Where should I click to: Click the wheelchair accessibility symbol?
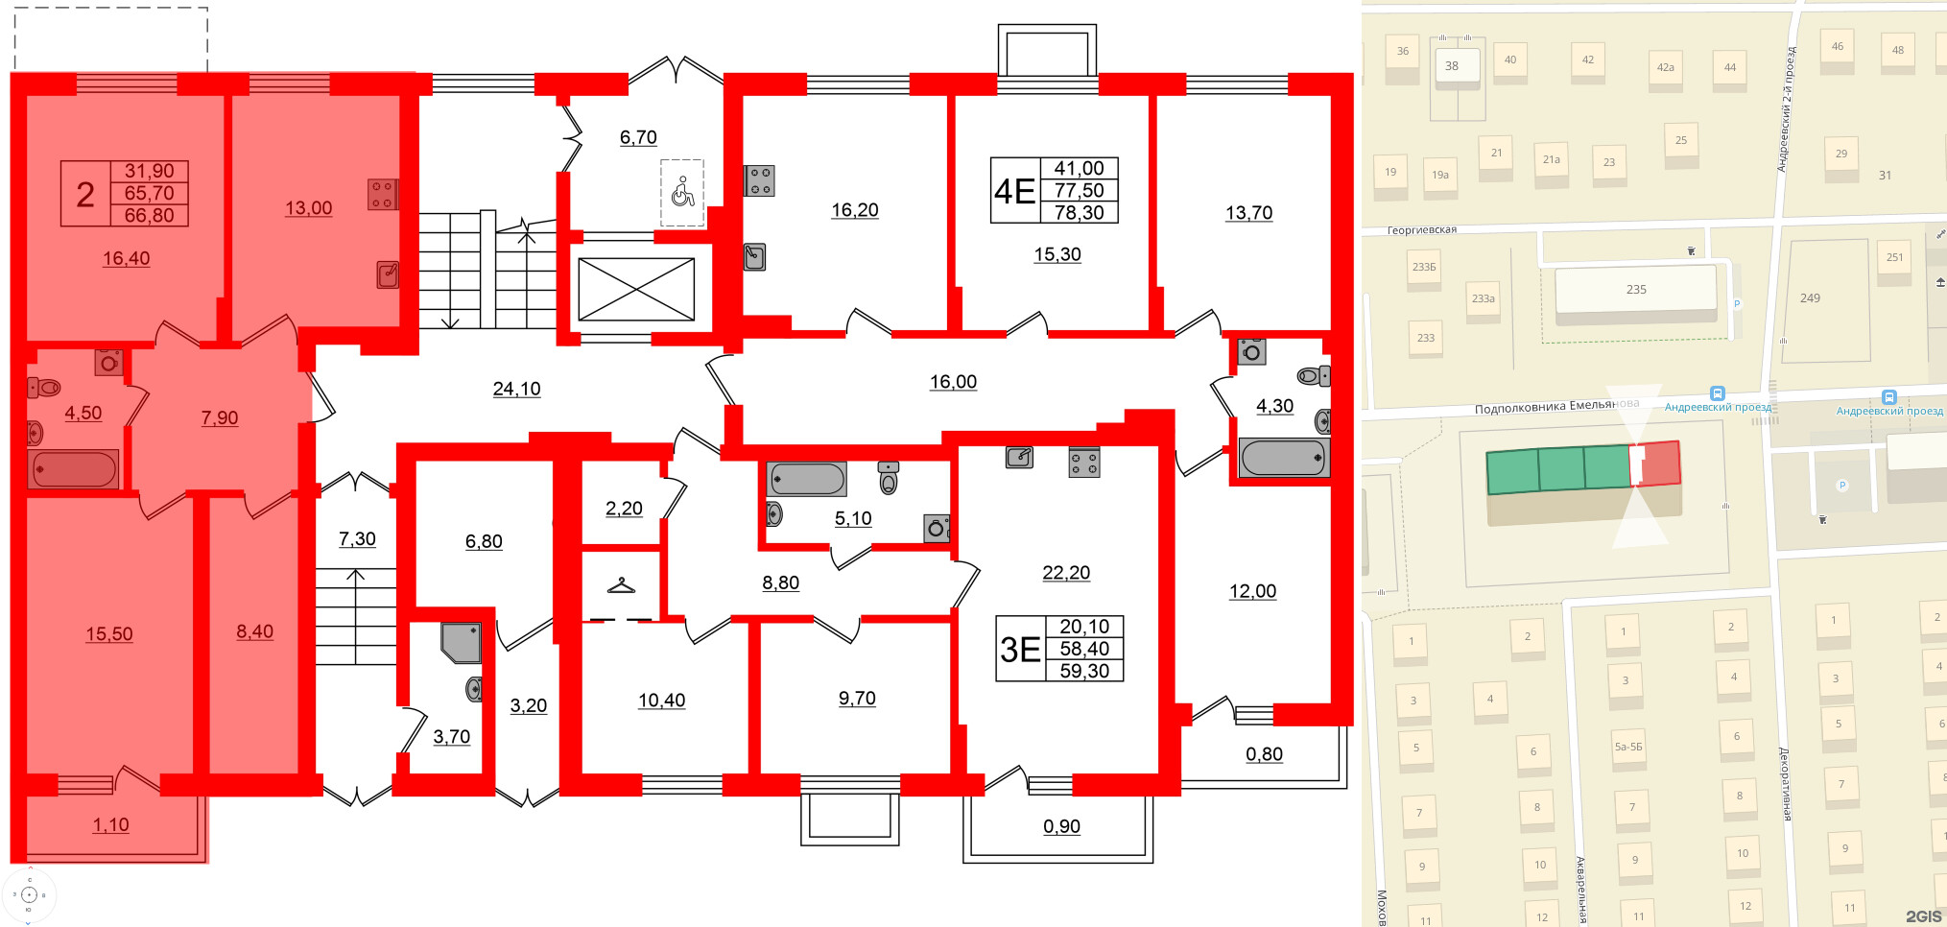coord(682,192)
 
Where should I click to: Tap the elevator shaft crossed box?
coord(636,289)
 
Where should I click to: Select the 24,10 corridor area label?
coord(516,389)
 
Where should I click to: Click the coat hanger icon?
coord(622,584)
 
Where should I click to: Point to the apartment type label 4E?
coord(1014,191)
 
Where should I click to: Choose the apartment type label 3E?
coord(1020,650)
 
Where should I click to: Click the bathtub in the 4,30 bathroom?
coord(1283,458)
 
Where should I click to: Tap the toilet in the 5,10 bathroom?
coord(889,476)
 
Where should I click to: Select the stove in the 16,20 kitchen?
coord(760,180)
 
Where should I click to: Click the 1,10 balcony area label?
coord(110,824)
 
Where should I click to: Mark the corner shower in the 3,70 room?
coord(461,642)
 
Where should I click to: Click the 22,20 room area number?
coord(1066,573)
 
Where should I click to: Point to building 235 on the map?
coord(1636,289)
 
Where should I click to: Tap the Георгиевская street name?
coord(1421,230)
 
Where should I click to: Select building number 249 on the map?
coord(1810,298)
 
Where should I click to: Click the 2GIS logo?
coord(1922,916)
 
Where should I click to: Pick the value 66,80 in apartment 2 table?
coord(149,215)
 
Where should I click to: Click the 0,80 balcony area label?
coord(1264,754)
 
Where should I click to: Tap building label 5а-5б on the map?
coord(1627,746)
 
